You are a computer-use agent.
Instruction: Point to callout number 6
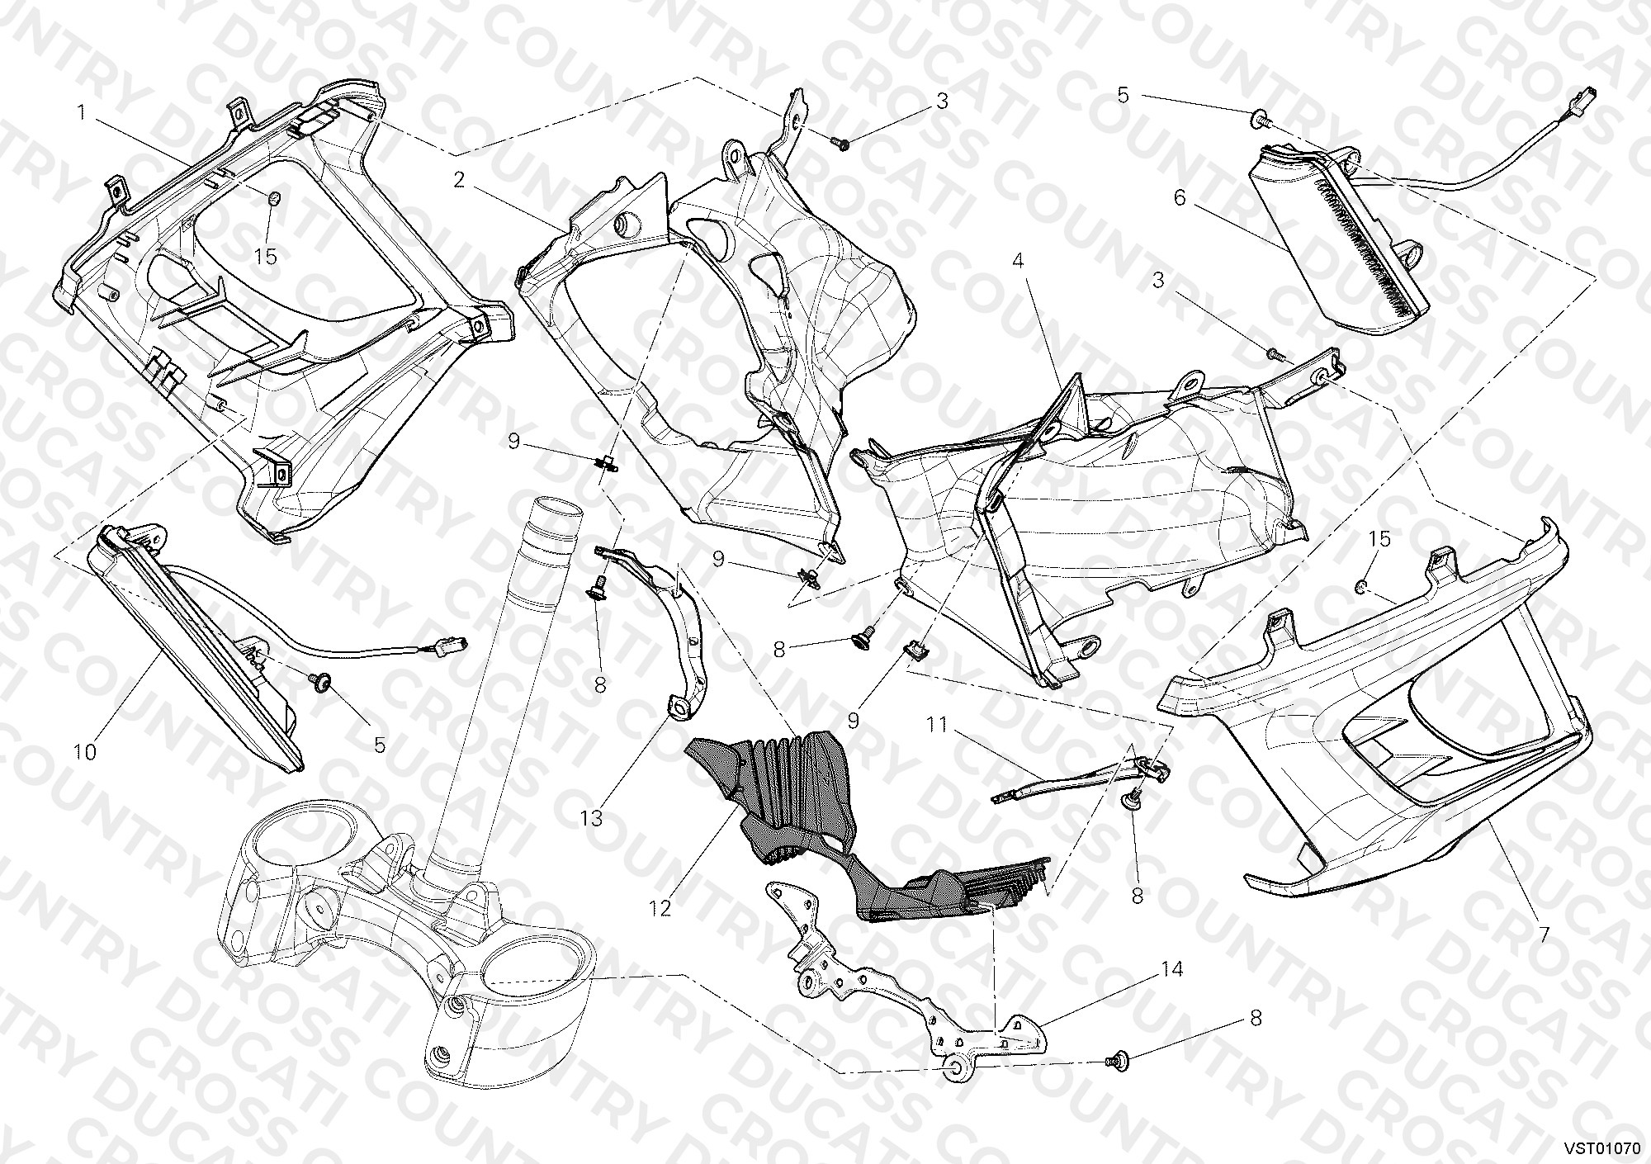(1179, 198)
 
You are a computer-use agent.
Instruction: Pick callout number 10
(85, 751)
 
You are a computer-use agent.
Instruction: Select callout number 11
(936, 725)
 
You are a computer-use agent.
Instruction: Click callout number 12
(660, 908)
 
